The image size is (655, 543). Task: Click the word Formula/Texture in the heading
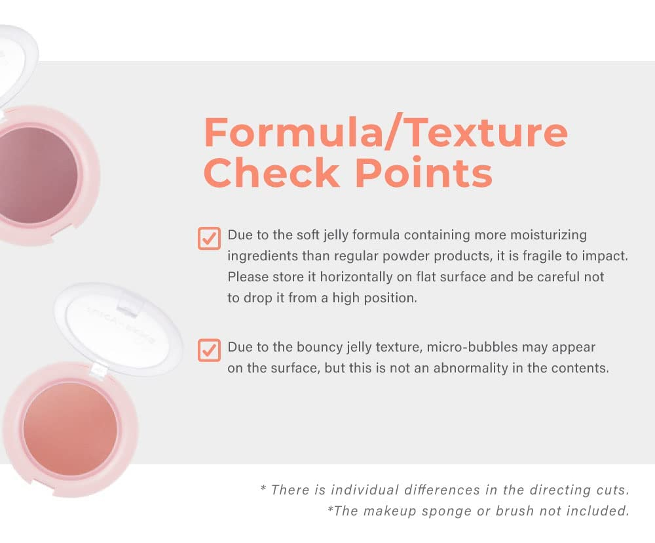(386, 132)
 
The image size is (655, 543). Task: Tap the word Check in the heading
(272, 172)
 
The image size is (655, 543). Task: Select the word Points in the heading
(424, 172)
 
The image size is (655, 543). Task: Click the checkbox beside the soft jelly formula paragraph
(209, 239)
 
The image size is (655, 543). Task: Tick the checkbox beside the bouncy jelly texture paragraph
(209, 350)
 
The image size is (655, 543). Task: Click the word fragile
(542, 256)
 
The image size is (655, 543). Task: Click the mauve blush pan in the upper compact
(37, 175)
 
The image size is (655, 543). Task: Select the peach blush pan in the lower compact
(70, 429)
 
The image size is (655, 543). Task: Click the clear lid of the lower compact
(119, 329)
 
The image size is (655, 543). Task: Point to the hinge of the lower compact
(98, 369)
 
